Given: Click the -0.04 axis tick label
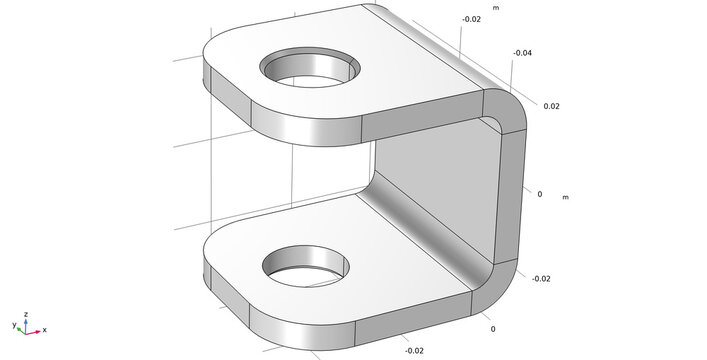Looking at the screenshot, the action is coord(522,53).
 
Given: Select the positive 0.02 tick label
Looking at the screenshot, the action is coord(551,106).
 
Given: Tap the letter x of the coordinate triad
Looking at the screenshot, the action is coord(45,330).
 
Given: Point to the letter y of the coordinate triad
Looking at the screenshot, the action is coord(14,324).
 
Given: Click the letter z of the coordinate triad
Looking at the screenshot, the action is coord(26,314).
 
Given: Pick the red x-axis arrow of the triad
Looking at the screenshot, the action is coord(33,332).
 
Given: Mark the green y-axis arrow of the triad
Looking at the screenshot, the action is coord(21,331).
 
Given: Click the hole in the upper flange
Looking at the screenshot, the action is coord(310,67).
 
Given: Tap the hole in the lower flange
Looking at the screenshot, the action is coord(306,266).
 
